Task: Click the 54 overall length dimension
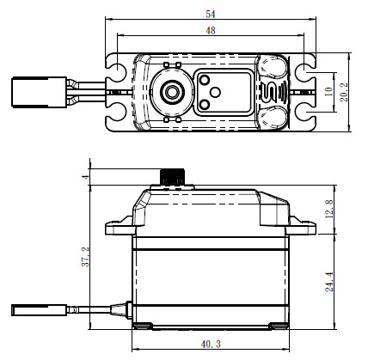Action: (x=209, y=14)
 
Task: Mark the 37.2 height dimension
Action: (x=84, y=255)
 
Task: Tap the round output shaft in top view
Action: (x=171, y=90)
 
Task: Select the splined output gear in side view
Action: (x=171, y=177)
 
